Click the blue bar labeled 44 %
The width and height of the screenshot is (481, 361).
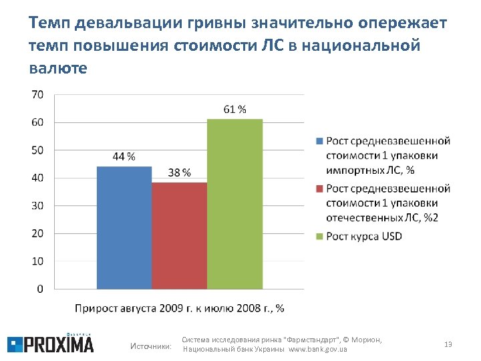click(124, 227)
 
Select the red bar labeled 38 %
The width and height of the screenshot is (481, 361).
click(179, 235)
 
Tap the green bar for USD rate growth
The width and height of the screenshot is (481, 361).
click(234, 204)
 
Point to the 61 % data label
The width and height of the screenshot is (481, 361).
click(234, 110)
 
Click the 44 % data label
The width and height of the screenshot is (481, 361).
click(124, 157)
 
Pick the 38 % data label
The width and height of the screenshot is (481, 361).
click(179, 172)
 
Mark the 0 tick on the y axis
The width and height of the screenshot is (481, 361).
click(40, 289)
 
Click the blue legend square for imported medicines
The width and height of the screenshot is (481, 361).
click(319, 142)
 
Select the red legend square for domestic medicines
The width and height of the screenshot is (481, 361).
click(319, 189)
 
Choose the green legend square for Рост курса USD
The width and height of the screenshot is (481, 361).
click(319, 237)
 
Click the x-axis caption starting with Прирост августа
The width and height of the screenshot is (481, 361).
click(179, 308)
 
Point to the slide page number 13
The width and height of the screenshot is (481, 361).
click(448, 344)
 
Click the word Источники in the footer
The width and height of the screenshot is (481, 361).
click(150, 346)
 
